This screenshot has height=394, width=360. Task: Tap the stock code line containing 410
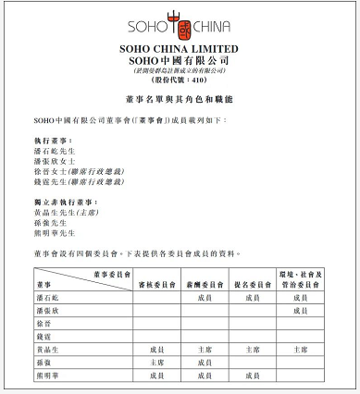coord(180,80)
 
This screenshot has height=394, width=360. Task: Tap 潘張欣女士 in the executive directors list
coord(57,160)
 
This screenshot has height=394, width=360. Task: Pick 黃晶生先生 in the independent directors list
coord(65,212)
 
